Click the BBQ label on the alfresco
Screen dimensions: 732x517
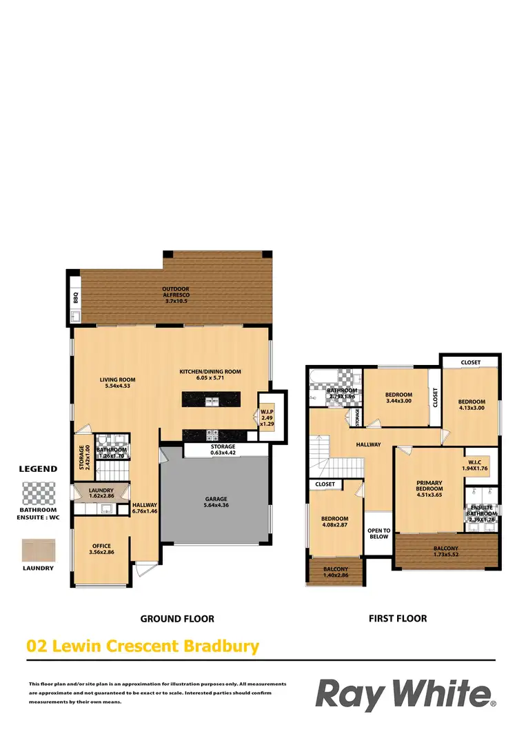click(76, 299)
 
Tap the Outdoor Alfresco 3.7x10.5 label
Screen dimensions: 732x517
click(176, 295)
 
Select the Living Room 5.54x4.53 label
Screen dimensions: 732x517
click(117, 382)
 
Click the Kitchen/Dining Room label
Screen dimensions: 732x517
click(211, 375)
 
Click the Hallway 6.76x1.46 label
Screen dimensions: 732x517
click(145, 508)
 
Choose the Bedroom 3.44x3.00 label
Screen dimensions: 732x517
click(398, 397)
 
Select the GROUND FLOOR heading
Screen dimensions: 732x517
click(177, 618)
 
